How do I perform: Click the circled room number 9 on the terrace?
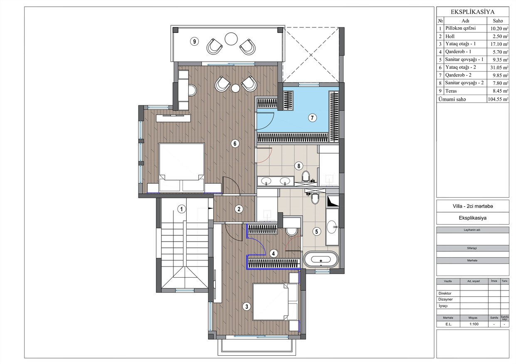pos(195,42)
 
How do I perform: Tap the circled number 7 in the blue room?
pos(312,118)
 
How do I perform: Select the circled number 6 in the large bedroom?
pos(235,144)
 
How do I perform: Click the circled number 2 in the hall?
pos(239,209)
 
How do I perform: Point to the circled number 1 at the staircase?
pos(182,209)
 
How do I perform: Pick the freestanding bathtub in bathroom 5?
pos(321,259)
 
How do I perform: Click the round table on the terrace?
pos(231,39)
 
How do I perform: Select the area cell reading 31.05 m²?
pos(499,68)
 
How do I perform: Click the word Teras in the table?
pos(451,91)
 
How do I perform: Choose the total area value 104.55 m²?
pos(498,99)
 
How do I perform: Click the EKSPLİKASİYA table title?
pos(473,12)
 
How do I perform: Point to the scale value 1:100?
pos(474,324)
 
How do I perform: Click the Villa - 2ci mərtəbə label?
pos(473,206)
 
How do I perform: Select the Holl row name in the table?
pos(450,37)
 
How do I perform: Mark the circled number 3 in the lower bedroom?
pos(247,306)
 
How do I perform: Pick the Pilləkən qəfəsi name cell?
pos(460,28)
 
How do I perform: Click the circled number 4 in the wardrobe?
pos(274,254)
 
